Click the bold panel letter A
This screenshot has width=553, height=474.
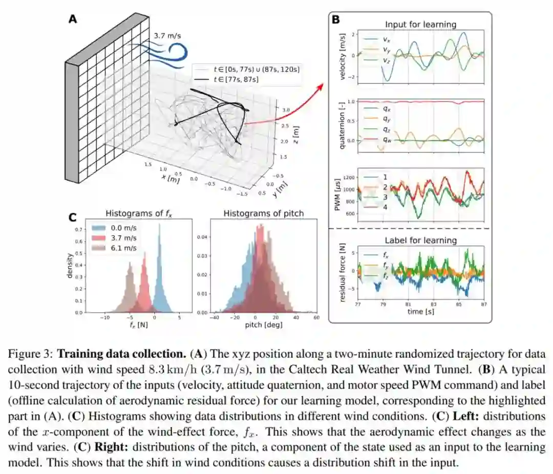(73, 19)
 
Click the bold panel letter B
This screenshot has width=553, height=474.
(336, 20)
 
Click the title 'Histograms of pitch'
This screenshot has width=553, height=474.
(257, 213)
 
